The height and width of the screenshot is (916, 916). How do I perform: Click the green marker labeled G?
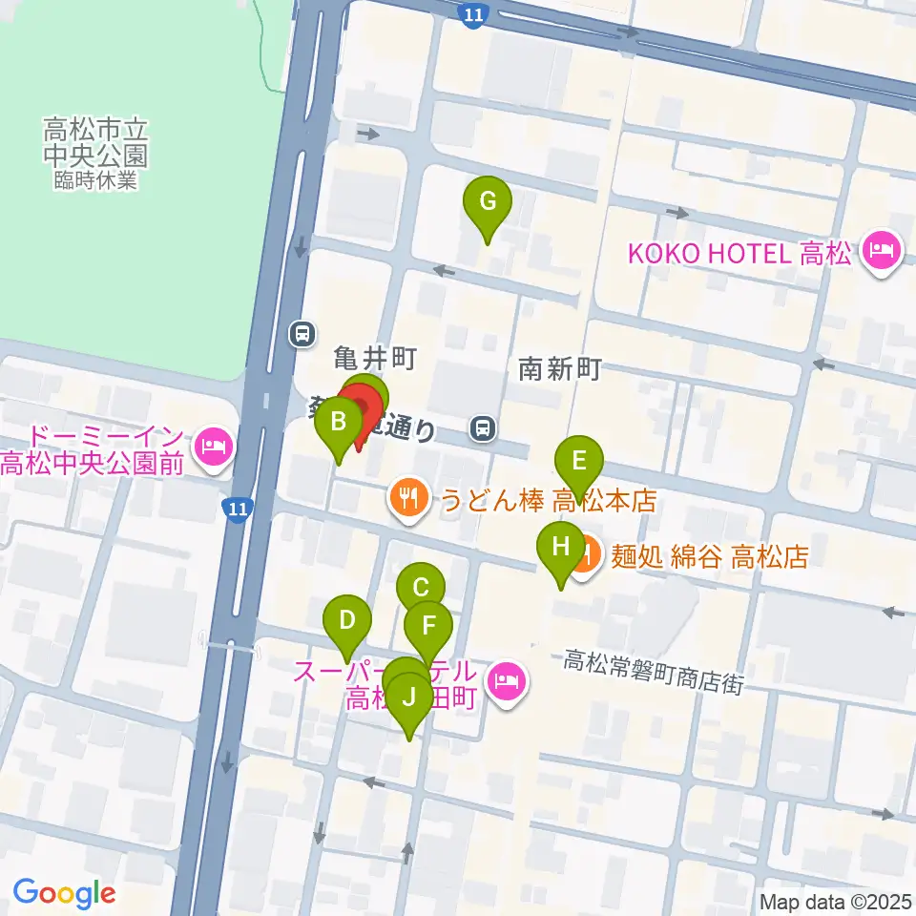[487, 202]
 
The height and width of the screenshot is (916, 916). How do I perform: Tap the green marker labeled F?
[428, 627]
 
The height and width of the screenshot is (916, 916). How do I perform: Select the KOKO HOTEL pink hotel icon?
[879, 253]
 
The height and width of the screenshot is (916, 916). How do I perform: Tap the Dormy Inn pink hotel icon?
[213, 446]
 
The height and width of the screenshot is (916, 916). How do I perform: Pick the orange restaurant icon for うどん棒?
[408, 499]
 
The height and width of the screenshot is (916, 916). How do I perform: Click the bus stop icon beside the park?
[302, 333]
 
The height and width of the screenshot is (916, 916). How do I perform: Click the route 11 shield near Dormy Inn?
[238, 509]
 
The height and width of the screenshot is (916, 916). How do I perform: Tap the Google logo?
[64, 893]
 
